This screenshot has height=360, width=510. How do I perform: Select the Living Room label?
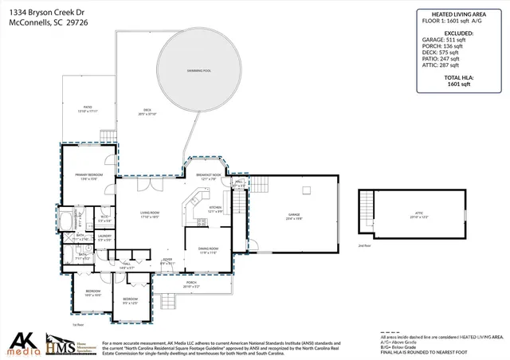[150, 214]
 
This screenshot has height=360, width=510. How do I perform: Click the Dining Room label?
[208, 250]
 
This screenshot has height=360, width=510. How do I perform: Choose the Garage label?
[295, 216]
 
